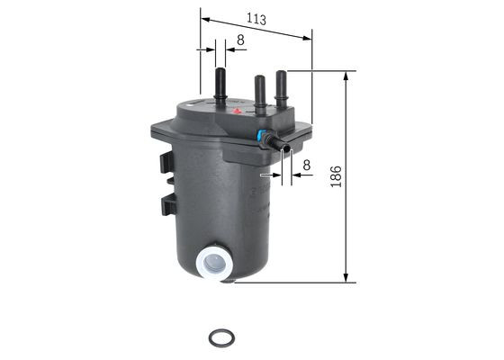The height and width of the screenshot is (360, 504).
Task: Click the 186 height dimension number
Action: [x=335, y=176]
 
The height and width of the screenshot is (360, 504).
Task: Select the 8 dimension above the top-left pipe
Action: [x=239, y=40]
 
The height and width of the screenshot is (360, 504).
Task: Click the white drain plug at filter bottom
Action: [x=213, y=263]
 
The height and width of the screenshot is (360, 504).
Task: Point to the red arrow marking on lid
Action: [x=238, y=112]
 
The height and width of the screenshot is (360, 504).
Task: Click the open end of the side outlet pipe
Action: [x=285, y=148]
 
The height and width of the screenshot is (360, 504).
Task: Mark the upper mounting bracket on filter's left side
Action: [x=166, y=163]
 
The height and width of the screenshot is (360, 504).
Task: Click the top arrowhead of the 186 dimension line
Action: [x=346, y=76]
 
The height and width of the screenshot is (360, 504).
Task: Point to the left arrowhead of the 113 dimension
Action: [x=204, y=18]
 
